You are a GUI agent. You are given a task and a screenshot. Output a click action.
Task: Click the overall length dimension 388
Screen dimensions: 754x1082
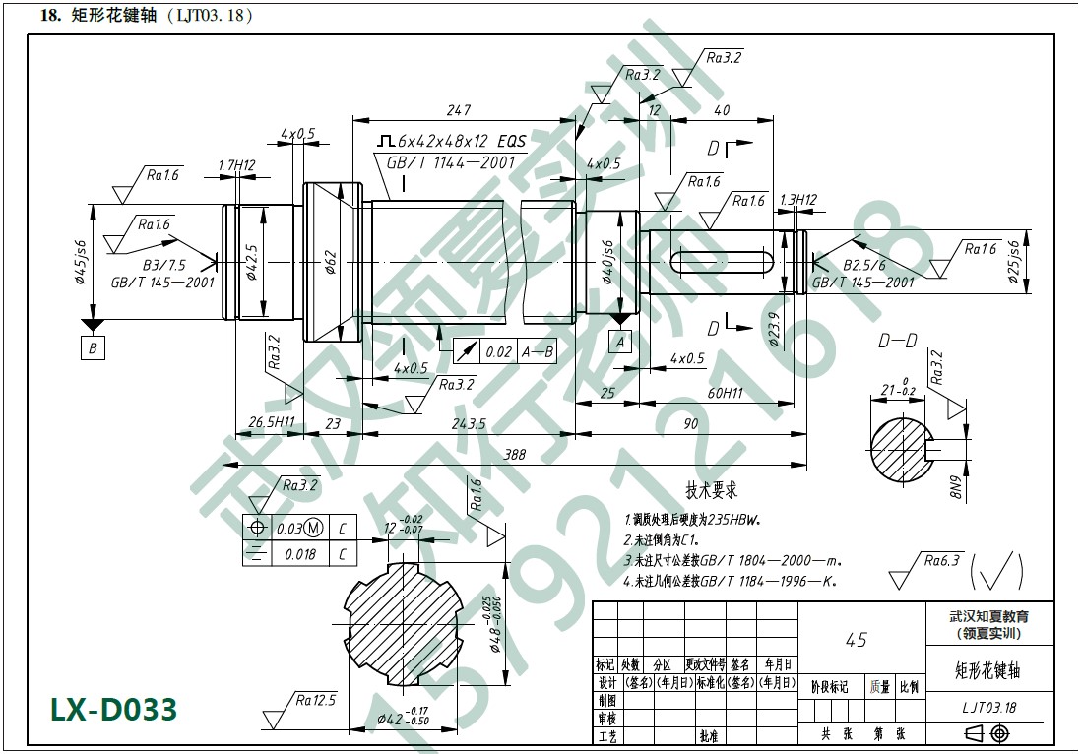pyautogui.click(x=513, y=456)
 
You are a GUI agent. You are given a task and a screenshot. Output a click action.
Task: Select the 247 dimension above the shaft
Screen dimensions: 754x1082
pyautogui.click(x=459, y=110)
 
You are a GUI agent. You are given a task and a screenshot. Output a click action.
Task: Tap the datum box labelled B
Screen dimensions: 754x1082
pyautogui.click(x=94, y=347)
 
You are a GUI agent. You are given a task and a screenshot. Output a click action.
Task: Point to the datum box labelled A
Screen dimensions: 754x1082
pyautogui.click(x=619, y=342)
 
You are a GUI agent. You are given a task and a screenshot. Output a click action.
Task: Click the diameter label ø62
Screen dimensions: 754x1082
pyautogui.click(x=331, y=262)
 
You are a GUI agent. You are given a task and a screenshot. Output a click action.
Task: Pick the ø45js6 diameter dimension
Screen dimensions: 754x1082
pyautogui.click(x=80, y=261)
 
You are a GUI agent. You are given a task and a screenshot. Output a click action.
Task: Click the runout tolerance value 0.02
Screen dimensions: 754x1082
pyautogui.click(x=499, y=351)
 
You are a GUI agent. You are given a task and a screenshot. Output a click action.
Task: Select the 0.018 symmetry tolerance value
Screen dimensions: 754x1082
pyautogui.click(x=300, y=554)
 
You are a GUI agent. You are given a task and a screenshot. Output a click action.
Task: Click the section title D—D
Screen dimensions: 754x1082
pyautogui.click(x=898, y=342)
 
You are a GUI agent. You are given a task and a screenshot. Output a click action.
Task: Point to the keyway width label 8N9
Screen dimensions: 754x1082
pyautogui.click(x=955, y=487)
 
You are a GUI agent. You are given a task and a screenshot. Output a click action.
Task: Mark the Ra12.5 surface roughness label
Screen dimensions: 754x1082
pyautogui.click(x=315, y=700)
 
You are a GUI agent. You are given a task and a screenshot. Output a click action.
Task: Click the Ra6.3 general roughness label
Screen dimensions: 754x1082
pyautogui.click(x=942, y=561)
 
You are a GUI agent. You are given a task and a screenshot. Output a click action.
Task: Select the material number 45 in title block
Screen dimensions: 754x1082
pyautogui.click(x=857, y=640)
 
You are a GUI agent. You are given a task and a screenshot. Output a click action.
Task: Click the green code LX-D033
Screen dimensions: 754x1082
pyautogui.click(x=114, y=709)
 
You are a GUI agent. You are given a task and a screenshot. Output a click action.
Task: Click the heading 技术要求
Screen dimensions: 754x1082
pyautogui.click(x=712, y=489)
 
